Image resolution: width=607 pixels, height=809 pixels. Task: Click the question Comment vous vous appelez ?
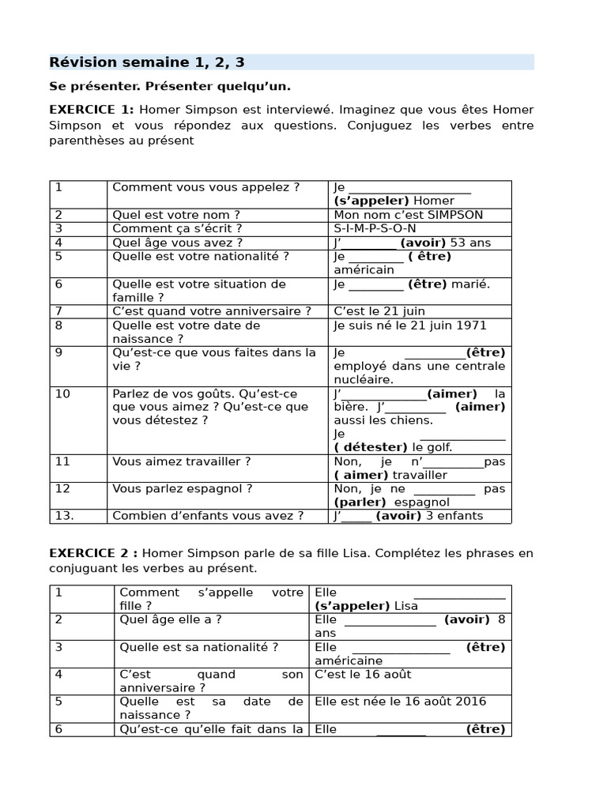(x=205, y=187)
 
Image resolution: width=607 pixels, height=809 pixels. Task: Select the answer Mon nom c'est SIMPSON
(x=408, y=215)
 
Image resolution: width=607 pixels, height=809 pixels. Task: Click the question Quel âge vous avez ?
(x=177, y=243)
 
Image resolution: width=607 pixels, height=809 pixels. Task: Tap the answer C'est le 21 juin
(x=379, y=311)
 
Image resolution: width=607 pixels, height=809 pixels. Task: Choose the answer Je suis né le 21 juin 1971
(x=410, y=325)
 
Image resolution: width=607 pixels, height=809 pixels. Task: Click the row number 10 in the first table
(x=62, y=393)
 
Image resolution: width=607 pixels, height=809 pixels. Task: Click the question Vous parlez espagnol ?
(x=182, y=489)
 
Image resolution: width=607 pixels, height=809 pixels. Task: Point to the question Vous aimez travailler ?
(x=181, y=461)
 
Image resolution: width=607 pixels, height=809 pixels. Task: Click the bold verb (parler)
(x=360, y=502)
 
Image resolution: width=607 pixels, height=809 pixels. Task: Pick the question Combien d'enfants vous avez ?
(x=208, y=516)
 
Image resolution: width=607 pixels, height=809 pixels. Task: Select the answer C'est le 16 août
(x=363, y=674)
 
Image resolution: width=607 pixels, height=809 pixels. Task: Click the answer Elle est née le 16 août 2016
(x=400, y=702)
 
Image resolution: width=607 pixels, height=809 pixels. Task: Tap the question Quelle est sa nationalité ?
(x=198, y=647)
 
